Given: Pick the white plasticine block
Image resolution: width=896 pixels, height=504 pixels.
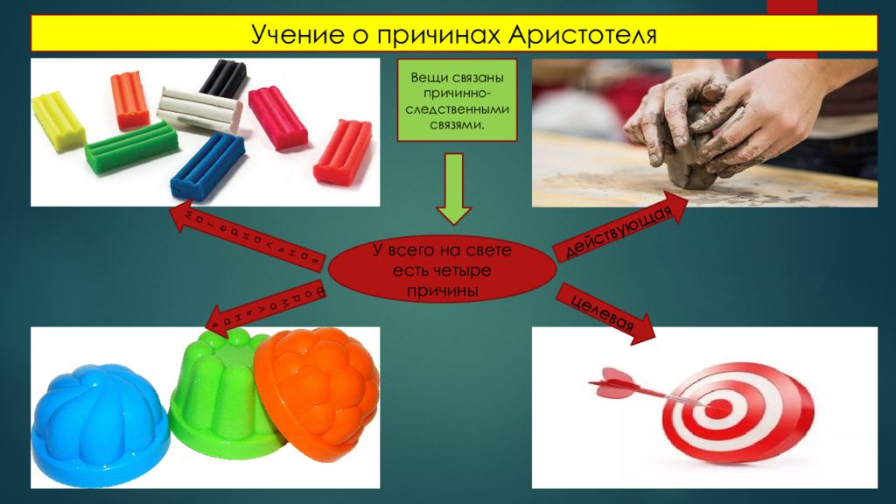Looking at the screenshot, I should pos(199,109).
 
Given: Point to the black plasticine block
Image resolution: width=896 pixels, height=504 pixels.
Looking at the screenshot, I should pos(224,77).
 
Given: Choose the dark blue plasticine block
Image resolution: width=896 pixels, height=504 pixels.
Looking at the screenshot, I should pos(207,166).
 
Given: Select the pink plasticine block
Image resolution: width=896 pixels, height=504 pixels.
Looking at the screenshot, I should pos(277,116).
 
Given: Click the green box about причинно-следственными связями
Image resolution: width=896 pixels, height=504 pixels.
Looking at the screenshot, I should pos(456,101).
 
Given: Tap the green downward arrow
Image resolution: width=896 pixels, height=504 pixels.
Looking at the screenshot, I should pos(454,188).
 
